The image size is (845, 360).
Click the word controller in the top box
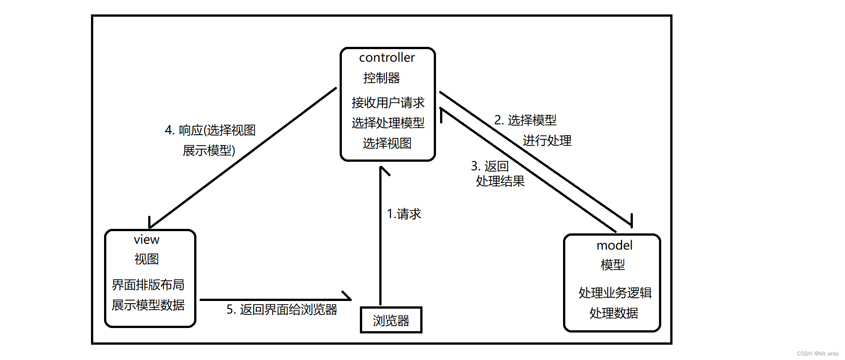pos(387,58)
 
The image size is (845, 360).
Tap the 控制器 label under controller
pos(382,78)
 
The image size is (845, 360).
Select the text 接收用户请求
pos(388,103)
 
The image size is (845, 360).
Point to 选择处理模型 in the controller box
pos(388,123)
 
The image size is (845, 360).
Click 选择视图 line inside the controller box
pos(387,143)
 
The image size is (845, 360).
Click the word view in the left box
pos(146,240)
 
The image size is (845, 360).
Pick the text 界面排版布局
pos(148,285)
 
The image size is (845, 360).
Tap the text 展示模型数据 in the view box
pos(148,305)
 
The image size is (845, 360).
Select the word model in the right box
pos(614,246)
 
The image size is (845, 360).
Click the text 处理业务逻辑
pos(615,293)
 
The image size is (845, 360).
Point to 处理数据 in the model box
pos(613,313)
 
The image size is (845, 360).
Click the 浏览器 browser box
pos(391,320)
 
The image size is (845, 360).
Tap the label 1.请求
pos(404,214)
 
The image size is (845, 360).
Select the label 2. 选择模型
pos(525,120)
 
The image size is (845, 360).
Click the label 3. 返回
pos(490,166)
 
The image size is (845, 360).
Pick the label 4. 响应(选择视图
pos(210,130)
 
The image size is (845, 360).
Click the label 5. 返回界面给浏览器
pos(282,310)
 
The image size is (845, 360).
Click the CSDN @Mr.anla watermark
pos(817,354)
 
